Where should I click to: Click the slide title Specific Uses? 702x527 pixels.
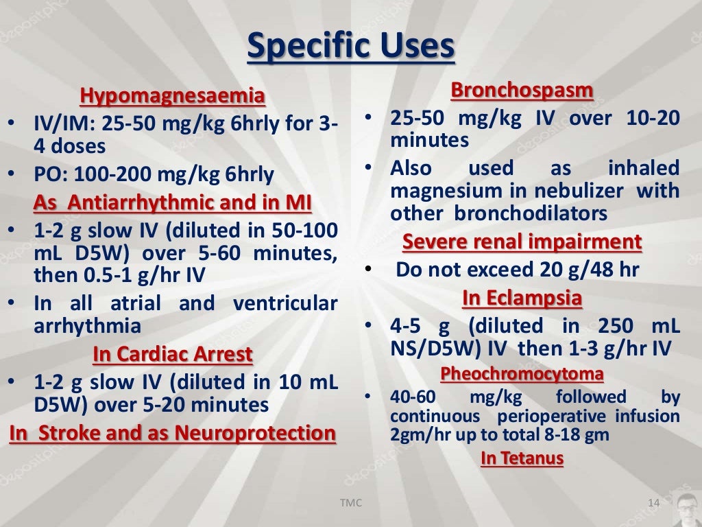350,47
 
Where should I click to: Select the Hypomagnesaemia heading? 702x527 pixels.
172,96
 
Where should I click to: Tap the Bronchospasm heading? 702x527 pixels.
522,90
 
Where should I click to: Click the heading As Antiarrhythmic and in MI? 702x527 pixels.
172,203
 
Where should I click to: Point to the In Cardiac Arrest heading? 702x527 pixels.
172,355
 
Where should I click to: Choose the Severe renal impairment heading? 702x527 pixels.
522,242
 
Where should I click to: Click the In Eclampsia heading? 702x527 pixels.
522,298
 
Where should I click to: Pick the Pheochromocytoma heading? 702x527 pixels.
522,374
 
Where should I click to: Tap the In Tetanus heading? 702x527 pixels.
522,458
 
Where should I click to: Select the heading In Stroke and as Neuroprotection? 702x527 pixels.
172,434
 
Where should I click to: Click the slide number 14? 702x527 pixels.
653,504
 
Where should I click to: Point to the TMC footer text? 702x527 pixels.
351,504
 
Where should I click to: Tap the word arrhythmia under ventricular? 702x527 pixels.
88,325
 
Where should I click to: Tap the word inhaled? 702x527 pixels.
643,168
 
